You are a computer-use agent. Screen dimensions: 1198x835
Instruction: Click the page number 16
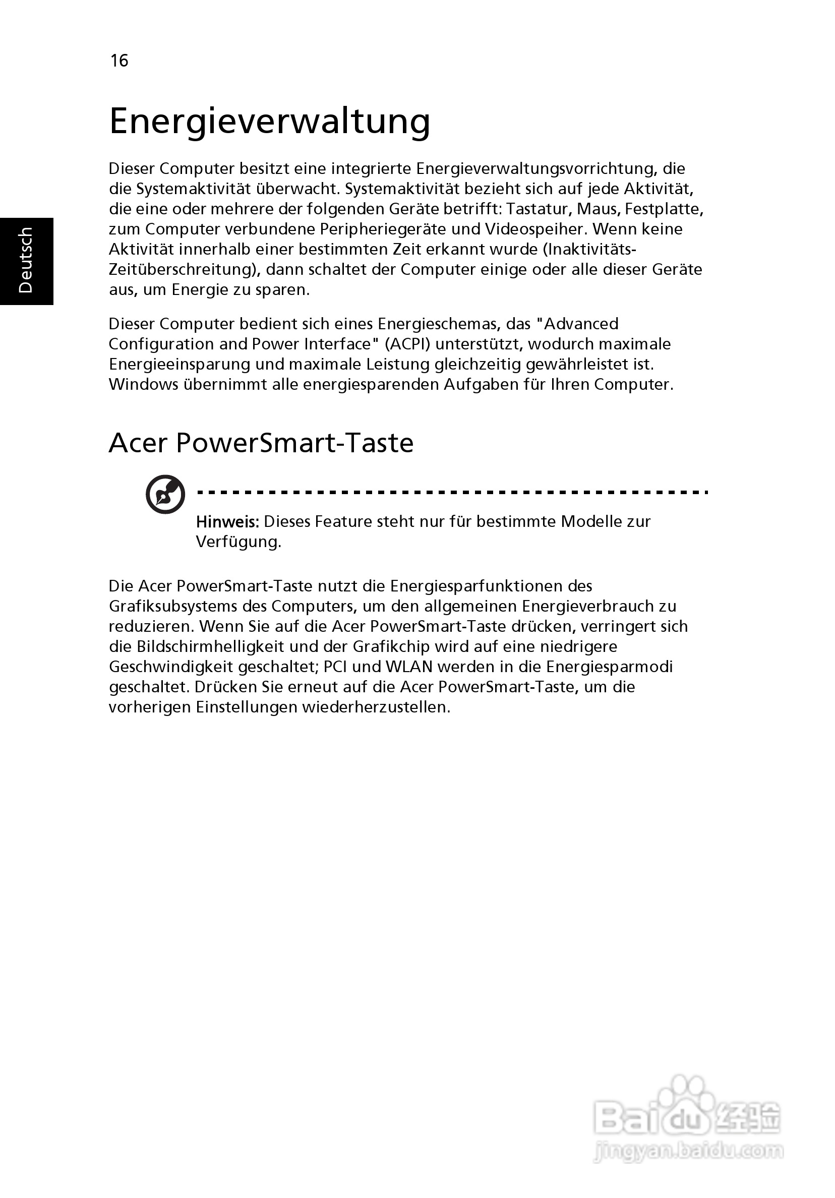click(119, 61)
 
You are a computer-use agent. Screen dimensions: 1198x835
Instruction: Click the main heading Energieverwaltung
click(269, 121)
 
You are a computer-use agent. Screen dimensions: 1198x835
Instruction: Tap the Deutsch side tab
click(26, 260)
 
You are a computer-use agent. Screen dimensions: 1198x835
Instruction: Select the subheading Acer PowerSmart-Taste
click(261, 443)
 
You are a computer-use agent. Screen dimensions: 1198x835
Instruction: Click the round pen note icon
click(165, 494)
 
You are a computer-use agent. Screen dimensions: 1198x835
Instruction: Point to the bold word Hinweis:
click(227, 521)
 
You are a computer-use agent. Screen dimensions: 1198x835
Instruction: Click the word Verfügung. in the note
click(238, 542)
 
